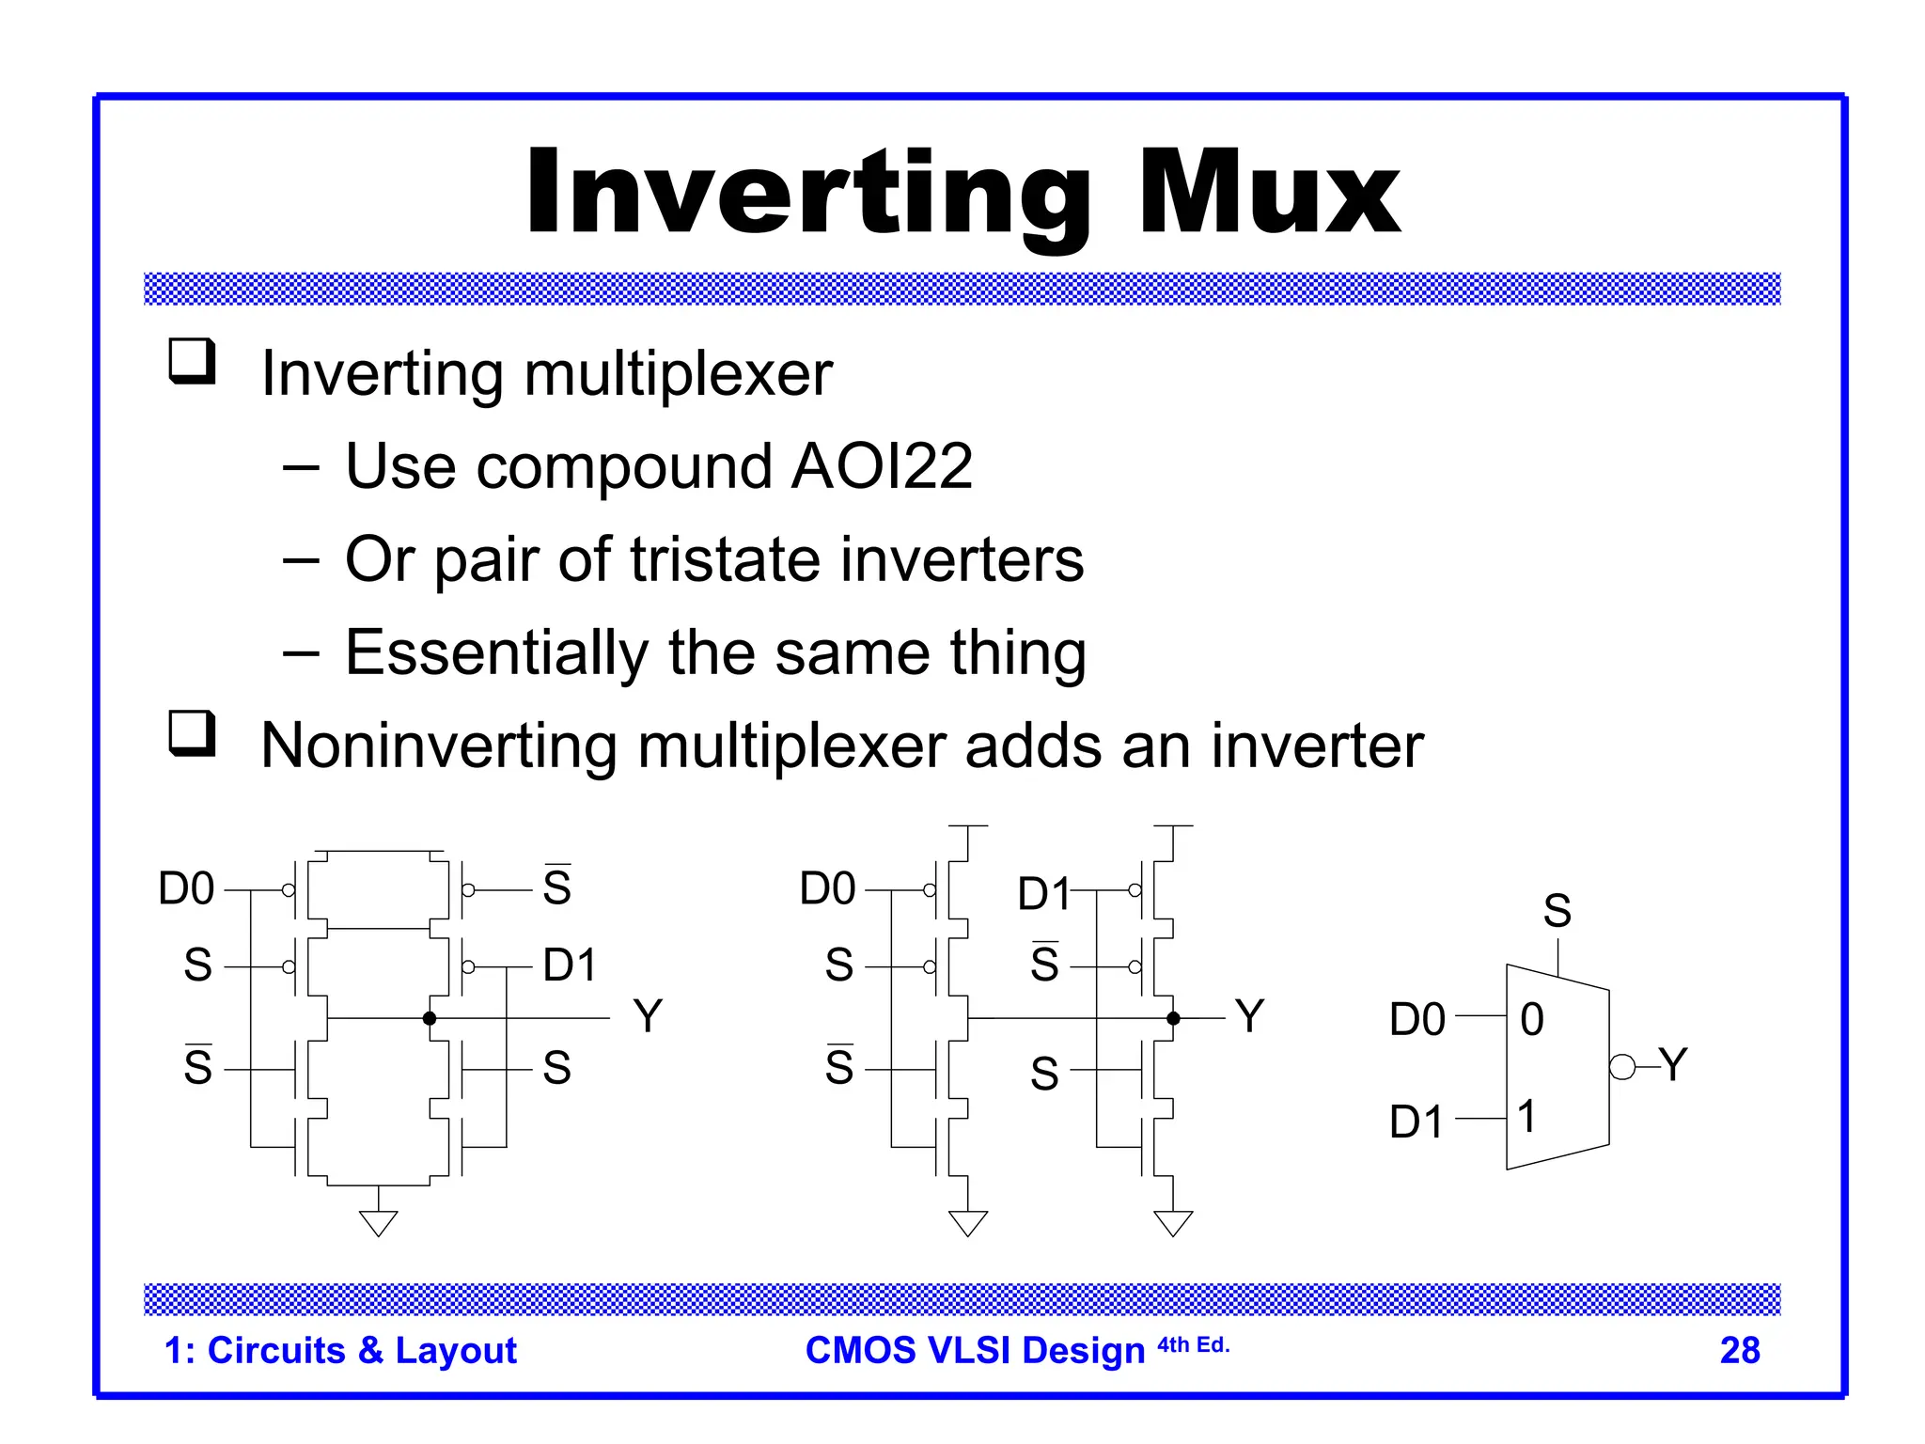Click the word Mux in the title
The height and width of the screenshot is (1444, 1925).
click(x=1269, y=192)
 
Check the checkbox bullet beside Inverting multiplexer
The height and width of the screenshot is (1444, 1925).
click(x=192, y=362)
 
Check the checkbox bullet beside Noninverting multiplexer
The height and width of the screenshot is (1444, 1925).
click(x=192, y=733)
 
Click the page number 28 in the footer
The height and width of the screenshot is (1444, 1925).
click(x=1739, y=1350)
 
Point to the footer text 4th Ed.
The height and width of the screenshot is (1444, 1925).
click(x=1193, y=1345)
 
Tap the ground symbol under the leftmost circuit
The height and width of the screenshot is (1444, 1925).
click(x=378, y=1222)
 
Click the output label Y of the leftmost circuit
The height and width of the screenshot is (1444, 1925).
click(x=648, y=1016)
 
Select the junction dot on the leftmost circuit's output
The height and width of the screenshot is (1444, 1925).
click(x=430, y=1018)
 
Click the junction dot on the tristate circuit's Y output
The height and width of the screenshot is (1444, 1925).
click(x=1173, y=1018)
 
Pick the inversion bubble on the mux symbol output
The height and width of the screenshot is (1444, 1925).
click(x=1621, y=1067)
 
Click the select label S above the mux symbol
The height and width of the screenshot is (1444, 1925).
click(x=1557, y=910)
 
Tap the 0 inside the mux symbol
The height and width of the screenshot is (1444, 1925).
click(x=1531, y=1019)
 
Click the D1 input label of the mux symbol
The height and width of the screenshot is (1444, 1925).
click(x=1416, y=1122)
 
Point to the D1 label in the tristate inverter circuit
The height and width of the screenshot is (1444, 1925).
click(x=1043, y=893)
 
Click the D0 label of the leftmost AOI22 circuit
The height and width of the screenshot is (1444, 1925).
click(x=186, y=888)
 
